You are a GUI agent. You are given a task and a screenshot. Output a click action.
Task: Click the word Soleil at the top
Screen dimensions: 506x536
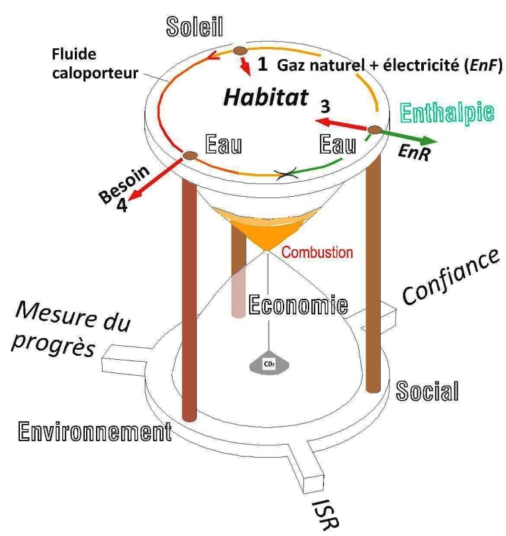click(195, 27)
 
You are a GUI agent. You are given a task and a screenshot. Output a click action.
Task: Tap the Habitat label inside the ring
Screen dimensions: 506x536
click(266, 97)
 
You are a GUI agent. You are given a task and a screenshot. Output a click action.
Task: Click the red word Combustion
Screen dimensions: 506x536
click(317, 252)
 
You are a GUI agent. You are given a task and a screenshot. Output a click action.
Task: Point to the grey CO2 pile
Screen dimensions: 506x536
click(270, 363)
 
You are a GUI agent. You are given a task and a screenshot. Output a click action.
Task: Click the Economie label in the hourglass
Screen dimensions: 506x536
click(298, 305)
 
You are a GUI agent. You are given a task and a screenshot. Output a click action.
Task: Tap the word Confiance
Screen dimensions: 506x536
click(450, 276)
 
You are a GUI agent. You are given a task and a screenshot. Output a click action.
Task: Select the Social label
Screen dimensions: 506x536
click(427, 391)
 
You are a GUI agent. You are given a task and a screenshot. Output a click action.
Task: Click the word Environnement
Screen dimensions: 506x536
click(95, 431)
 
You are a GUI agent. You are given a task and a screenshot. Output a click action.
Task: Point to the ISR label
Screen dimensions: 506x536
click(326, 514)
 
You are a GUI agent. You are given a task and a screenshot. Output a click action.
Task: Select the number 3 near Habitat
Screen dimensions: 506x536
click(325, 106)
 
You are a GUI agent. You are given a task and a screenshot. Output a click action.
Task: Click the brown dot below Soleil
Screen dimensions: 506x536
click(240, 51)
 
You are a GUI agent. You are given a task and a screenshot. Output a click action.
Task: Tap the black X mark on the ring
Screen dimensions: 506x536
click(287, 175)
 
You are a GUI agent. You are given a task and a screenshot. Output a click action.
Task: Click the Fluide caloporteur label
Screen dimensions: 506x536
click(95, 64)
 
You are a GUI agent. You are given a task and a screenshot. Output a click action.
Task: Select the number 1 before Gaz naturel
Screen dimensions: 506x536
click(262, 64)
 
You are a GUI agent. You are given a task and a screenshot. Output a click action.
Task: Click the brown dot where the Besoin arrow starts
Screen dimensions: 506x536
click(190, 156)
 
